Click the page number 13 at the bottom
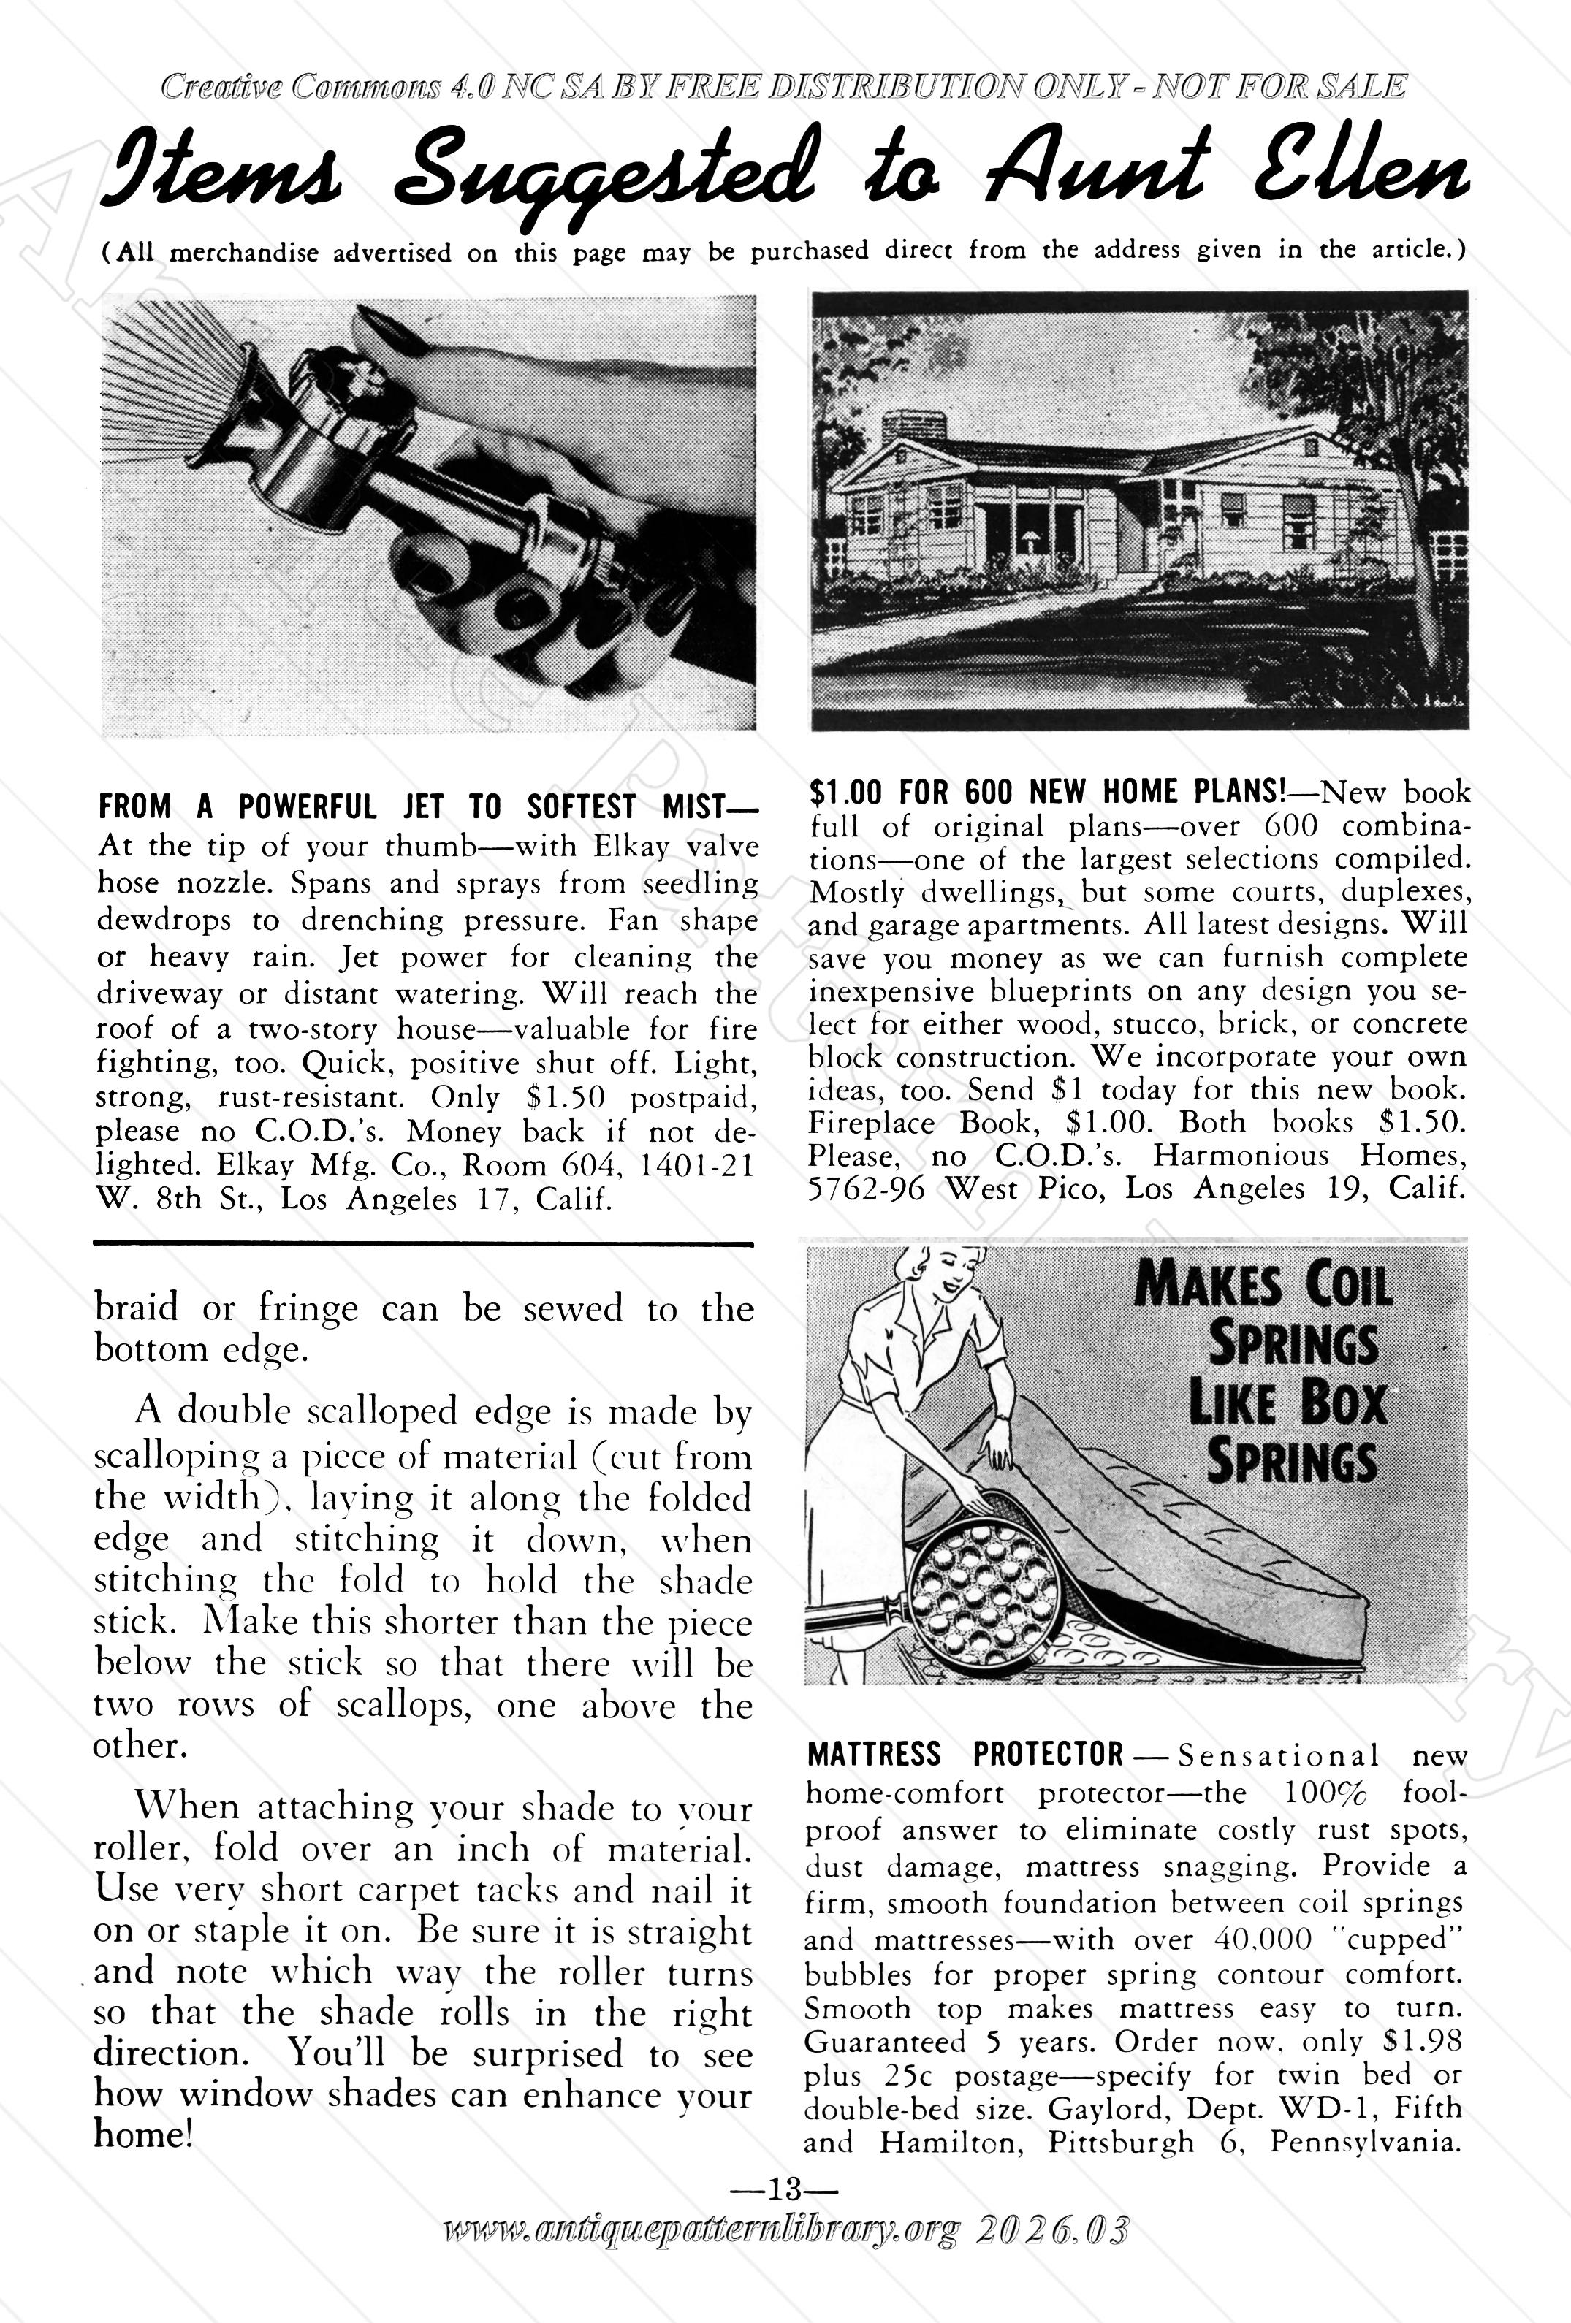(x=785, y=2191)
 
